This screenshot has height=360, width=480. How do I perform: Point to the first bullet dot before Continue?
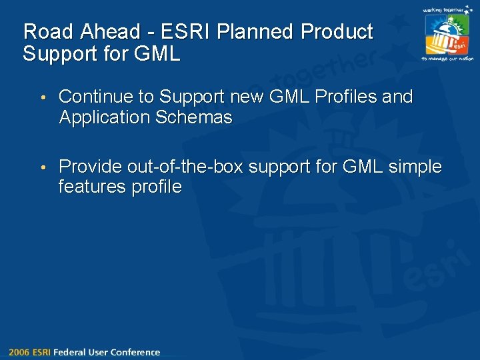click(42, 97)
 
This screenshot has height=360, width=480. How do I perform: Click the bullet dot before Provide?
click(42, 167)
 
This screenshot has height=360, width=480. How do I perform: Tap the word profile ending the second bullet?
click(156, 187)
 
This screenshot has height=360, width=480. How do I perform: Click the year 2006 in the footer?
click(19, 352)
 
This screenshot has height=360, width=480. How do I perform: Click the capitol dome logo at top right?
click(447, 35)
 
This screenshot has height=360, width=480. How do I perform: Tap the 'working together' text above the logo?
click(447, 10)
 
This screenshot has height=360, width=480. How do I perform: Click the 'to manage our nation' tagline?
click(447, 59)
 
